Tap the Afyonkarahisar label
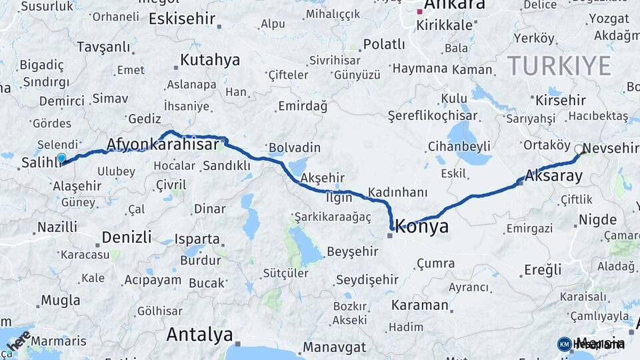[163, 145]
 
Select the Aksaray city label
[553, 176]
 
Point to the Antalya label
[199, 334]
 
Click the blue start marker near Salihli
[61, 158]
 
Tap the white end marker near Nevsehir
[579, 149]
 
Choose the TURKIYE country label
[559, 66]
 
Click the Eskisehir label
[182, 19]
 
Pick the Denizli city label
[129, 237]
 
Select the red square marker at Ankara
[419, 11]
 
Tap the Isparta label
[197, 239]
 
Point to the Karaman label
[420, 305]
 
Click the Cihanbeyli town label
[459, 146]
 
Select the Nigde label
[597, 219]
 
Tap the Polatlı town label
[383, 45]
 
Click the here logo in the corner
[18, 341]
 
